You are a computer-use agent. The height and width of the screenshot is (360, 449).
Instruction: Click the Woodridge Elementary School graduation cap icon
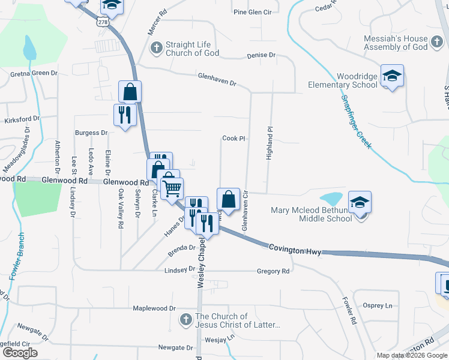tap(392, 76)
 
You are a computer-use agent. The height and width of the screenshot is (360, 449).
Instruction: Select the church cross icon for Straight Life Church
tap(155, 48)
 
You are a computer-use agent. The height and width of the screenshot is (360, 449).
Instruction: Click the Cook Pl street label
tap(234, 138)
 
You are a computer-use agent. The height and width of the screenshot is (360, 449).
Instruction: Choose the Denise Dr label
tap(261, 55)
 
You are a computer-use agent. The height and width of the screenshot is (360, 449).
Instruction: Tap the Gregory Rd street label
tap(273, 271)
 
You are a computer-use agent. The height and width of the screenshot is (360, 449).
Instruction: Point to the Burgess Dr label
tap(91, 133)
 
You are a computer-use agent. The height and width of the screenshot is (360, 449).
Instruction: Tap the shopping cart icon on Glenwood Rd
tap(172, 188)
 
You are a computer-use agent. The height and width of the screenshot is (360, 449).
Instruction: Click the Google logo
tap(20, 353)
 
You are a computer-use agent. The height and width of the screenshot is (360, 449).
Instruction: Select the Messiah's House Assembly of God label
tap(396, 43)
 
